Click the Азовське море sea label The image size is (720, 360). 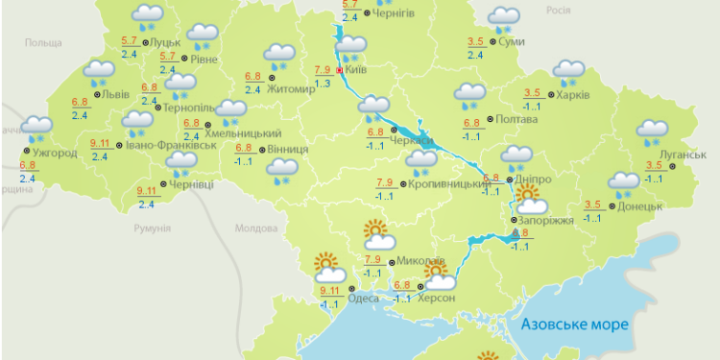575,324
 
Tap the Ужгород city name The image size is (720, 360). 52,153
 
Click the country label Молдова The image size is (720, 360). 256,228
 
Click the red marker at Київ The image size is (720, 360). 340,70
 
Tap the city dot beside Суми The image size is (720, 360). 492,41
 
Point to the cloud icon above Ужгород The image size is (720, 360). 36,128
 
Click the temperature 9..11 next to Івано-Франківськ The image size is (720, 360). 100,144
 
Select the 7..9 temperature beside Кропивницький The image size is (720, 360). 386,182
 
